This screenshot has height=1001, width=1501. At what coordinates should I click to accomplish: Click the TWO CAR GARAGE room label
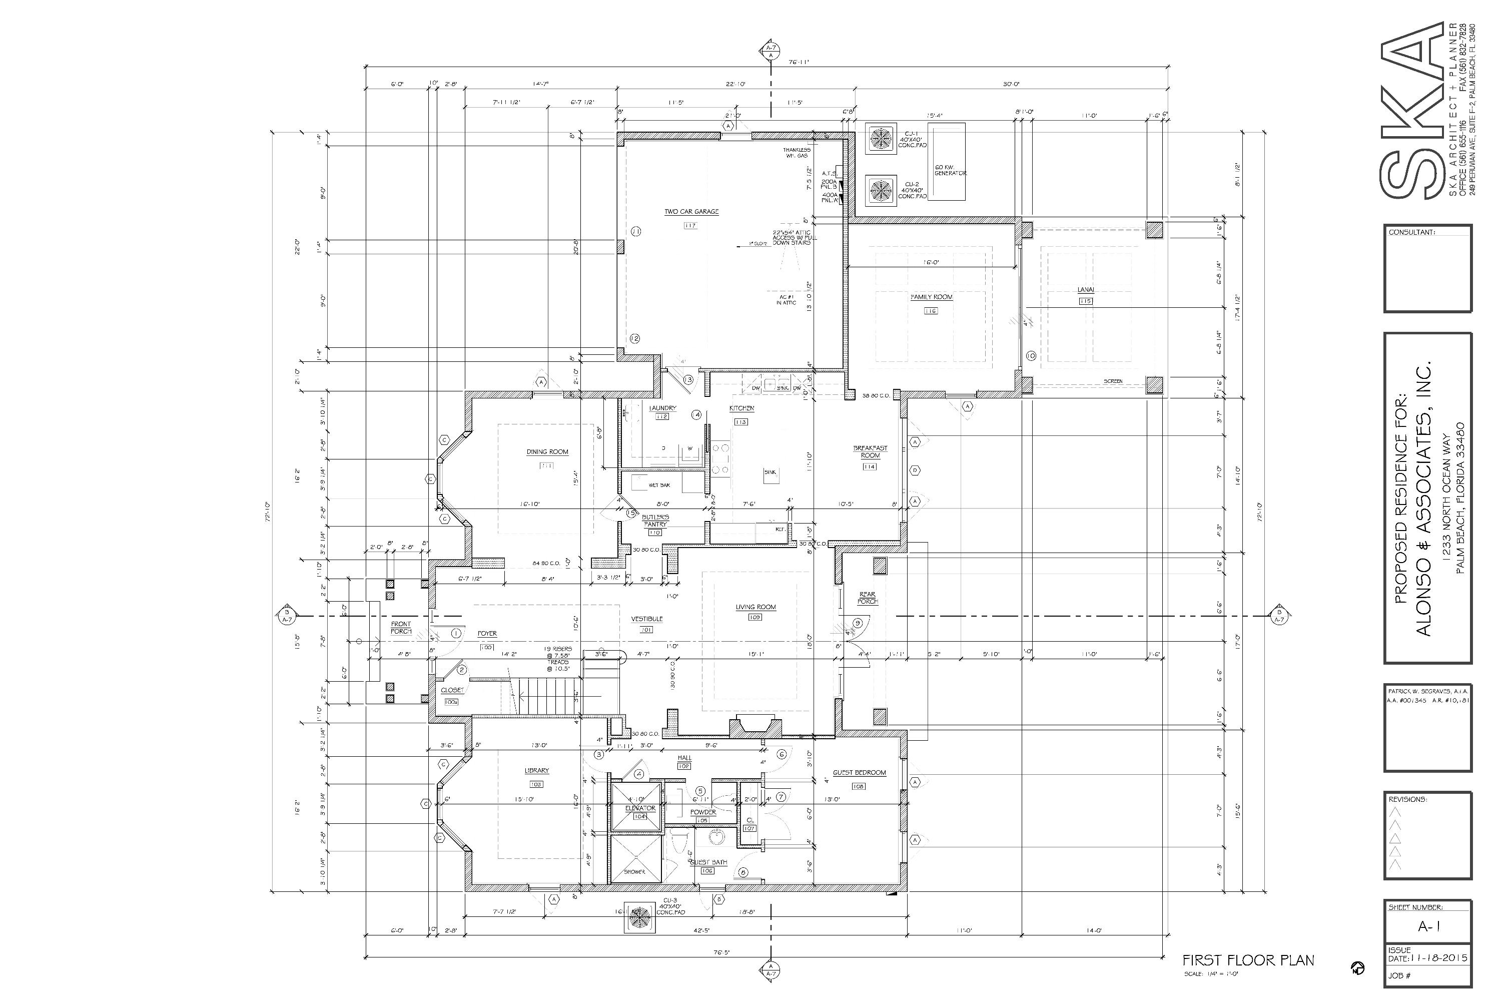click(691, 211)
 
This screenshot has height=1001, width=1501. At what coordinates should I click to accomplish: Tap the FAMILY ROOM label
click(931, 297)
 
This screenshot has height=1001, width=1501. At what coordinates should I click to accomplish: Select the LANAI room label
click(1086, 290)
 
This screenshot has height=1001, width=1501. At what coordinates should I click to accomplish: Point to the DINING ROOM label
click(547, 452)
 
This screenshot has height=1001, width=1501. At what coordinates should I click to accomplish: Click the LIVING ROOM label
click(756, 607)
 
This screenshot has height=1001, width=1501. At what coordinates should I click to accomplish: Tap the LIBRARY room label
click(536, 771)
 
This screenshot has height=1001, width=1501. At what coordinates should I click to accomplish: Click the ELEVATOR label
click(640, 808)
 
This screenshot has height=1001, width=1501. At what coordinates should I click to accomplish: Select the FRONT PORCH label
click(401, 628)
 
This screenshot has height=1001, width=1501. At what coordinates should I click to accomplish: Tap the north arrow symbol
click(1357, 968)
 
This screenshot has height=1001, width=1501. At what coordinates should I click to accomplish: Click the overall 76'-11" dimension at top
click(799, 63)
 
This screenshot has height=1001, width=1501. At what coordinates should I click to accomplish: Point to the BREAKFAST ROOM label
click(871, 452)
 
